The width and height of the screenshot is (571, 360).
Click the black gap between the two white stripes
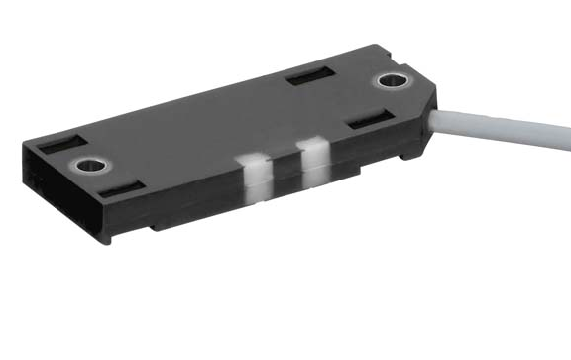coord(284,171)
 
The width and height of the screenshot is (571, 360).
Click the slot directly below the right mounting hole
coord(369,120)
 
